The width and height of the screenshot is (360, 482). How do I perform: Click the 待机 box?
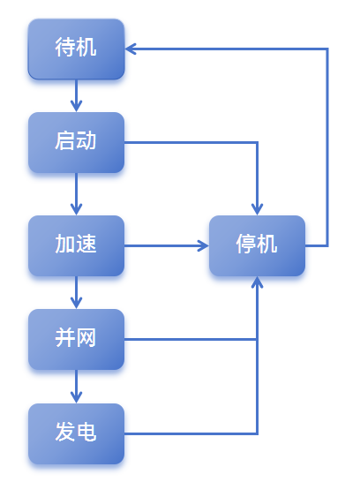(x=76, y=49)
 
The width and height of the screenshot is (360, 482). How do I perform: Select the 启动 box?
(x=76, y=142)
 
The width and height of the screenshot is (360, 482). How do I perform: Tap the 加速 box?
(x=76, y=245)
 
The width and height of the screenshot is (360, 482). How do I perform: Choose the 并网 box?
(x=76, y=339)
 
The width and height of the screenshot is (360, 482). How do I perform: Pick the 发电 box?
(x=76, y=433)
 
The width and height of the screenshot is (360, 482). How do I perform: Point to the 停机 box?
(x=257, y=245)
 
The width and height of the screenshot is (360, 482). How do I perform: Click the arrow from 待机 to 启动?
(x=76, y=95)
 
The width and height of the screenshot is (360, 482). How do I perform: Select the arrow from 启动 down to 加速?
(x=76, y=193)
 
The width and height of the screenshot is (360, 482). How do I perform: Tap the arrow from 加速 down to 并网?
(x=76, y=292)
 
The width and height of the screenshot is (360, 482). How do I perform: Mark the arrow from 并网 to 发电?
(x=76, y=386)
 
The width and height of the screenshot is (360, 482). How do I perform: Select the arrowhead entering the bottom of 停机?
(x=257, y=283)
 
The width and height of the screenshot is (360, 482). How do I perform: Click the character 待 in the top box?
(x=65, y=49)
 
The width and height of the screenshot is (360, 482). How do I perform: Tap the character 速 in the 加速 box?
(x=86, y=245)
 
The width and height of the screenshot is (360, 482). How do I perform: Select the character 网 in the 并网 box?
(x=86, y=339)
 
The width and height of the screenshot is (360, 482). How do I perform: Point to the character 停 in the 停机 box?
(x=246, y=245)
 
